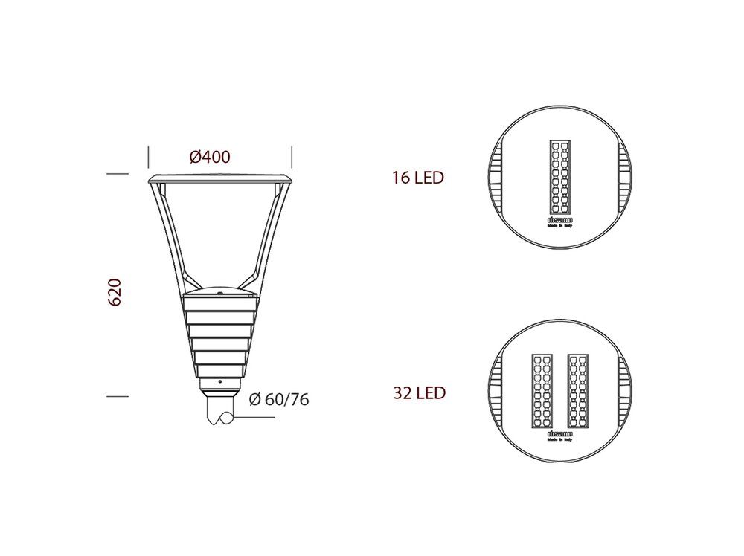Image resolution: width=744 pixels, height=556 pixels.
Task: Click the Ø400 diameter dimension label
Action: coord(210,157)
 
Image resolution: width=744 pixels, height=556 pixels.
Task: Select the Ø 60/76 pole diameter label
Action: coord(279,399)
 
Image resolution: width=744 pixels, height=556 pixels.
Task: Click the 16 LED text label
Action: coord(418,178)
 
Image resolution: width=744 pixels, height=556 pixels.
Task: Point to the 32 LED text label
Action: coord(419,392)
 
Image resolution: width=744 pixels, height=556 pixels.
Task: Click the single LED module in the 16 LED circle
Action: coord(559,176)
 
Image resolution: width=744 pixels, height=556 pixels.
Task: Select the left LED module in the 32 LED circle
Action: coord(542,390)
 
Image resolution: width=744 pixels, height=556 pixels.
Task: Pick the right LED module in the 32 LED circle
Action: coord(579,390)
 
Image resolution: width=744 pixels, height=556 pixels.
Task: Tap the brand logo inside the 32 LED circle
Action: coord(559,433)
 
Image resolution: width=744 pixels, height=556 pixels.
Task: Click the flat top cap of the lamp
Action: coord(220,178)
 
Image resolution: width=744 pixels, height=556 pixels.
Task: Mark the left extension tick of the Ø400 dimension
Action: coord(149,157)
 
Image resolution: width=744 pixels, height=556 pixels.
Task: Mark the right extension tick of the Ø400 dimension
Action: coord(292,157)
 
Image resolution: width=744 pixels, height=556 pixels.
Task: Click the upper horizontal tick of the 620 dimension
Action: coord(118,174)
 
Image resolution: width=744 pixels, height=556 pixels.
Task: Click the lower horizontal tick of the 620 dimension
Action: coord(118,396)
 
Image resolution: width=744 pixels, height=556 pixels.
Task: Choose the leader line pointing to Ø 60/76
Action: coord(253,418)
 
